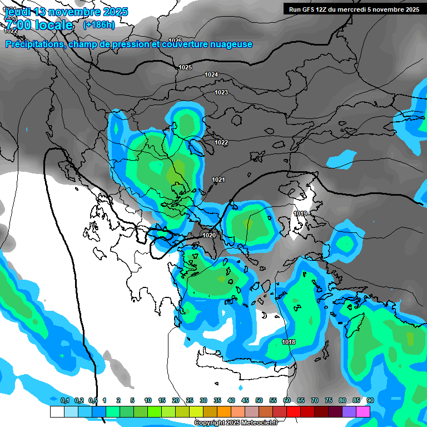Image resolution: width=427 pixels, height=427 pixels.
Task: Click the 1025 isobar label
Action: coord(185,67)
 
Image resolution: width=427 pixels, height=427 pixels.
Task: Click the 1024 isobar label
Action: coord(211,75)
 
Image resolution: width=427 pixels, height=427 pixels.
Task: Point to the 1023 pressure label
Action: coord(221,92)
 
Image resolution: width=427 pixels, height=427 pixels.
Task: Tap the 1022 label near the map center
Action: coord(221,142)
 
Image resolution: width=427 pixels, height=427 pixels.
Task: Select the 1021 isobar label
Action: coord(219,180)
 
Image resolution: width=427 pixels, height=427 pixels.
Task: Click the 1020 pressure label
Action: coord(209,235)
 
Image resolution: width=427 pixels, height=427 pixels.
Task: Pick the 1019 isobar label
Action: coord(300,213)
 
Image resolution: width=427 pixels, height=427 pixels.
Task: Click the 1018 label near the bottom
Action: coord(289,342)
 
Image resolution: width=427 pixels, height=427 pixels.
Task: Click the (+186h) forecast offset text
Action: coord(99,25)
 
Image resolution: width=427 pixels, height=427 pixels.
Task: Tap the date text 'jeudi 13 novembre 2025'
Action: coord(67,12)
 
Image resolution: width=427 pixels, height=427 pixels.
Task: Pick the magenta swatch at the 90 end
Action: coord(363,412)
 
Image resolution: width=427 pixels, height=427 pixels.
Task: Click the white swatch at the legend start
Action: coord(57,412)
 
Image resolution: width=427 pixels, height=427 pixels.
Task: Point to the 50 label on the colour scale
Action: coord(259,400)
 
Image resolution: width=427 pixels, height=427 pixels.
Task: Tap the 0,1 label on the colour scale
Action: coord(64,400)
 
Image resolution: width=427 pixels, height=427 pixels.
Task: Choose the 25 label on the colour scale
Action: coord(190,400)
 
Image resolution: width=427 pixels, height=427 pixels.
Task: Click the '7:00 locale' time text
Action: coord(39,25)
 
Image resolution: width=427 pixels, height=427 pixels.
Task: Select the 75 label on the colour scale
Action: coord(329,400)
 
